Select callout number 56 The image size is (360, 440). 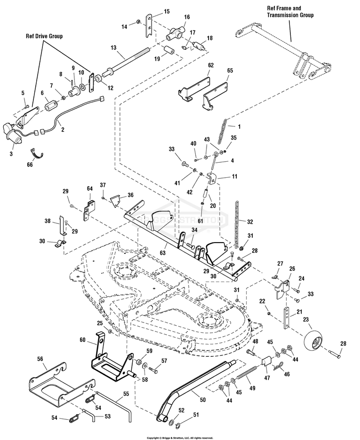coord(40,358)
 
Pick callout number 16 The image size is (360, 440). coord(187,17)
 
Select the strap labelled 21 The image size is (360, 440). coord(287,319)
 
